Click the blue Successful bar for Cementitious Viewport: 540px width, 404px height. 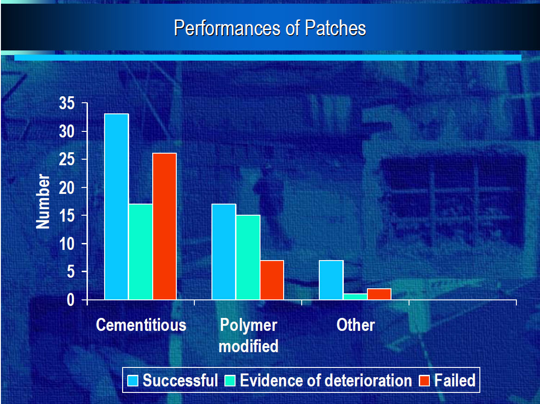click(x=117, y=207)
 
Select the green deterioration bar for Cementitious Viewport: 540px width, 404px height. click(x=141, y=252)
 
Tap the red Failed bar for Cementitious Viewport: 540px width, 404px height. click(x=165, y=226)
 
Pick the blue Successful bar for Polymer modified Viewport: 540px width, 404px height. click(x=224, y=252)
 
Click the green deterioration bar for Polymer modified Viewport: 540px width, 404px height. click(x=248, y=257)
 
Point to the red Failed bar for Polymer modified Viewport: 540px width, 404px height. click(x=272, y=280)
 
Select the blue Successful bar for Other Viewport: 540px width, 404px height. click(x=331, y=280)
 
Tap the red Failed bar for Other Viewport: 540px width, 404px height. click(x=379, y=294)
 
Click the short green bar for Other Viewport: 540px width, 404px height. click(x=355, y=297)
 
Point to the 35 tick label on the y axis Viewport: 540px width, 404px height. click(x=67, y=103)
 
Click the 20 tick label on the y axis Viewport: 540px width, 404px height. click(x=67, y=188)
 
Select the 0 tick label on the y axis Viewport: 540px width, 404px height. click(x=71, y=300)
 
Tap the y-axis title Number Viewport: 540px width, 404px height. click(x=43, y=201)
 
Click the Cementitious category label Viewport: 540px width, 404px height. click(x=141, y=325)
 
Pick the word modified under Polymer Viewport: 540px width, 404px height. click(x=248, y=346)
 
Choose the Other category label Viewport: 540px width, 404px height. click(x=356, y=325)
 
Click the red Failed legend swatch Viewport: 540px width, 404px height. click(x=424, y=380)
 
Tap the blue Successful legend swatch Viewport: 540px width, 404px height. click(x=133, y=380)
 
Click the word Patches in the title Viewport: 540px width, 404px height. click(x=335, y=28)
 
